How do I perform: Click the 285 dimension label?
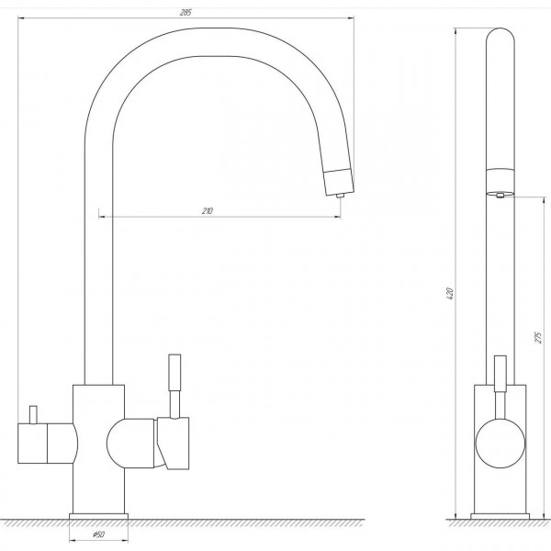(186, 12)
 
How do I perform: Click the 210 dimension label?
(208, 211)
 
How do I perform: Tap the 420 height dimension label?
(450, 294)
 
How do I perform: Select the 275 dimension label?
(538, 337)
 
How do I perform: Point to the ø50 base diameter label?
(98, 534)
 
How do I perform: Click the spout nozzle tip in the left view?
(339, 196)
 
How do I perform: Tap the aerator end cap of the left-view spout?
(338, 182)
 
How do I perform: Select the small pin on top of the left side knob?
(33, 415)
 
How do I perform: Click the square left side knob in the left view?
(32, 444)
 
